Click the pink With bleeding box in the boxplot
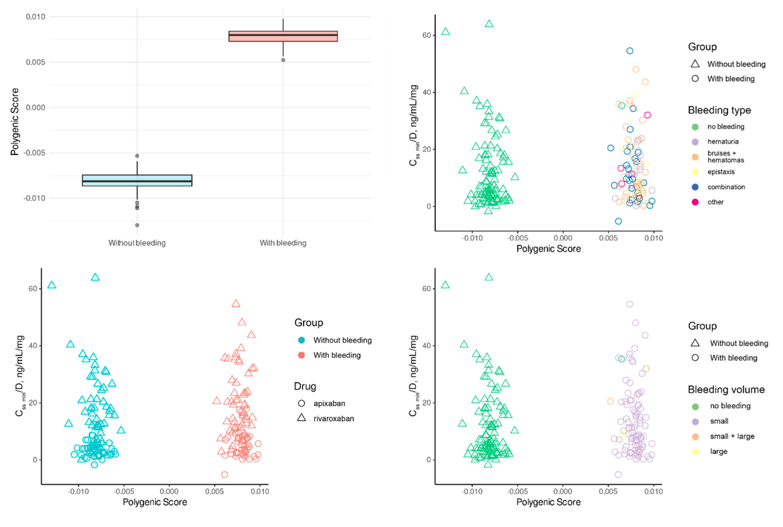[x=283, y=36]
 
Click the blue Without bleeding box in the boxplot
[x=137, y=180]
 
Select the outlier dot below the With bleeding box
[x=283, y=60]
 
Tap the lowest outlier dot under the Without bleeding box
[x=137, y=225]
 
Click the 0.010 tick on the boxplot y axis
[x=35, y=17]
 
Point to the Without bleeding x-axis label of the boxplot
[x=137, y=243]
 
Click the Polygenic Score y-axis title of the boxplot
[x=14, y=122]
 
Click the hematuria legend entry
[x=723, y=141]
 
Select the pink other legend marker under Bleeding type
[x=695, y=202]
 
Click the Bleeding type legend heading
[x=719, y=110]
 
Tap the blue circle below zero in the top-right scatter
[x=618, y=221]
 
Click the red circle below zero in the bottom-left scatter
[x=224, y=475]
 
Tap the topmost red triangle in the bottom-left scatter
[x=236, y=304]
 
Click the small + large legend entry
[x=732, y=436]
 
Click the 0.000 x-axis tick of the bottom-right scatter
[x=562, y=491]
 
